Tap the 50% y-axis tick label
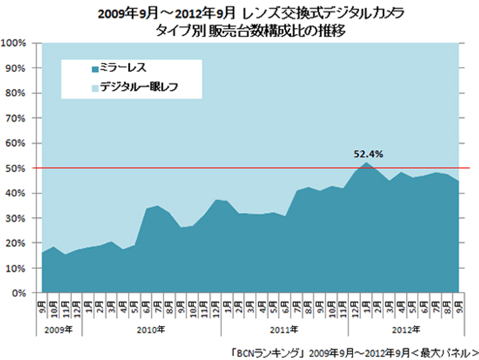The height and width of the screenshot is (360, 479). tap(15, 168)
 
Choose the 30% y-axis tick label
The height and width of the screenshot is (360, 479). tap(15, 219)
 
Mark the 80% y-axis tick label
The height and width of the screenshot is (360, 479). tap(15, 93)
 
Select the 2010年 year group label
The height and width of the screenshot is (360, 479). tap(152, 329)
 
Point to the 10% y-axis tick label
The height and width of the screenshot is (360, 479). tap(15, 268)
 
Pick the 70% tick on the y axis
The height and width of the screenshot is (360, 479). tap(15, 119)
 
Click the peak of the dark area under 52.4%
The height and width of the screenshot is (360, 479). tap(366, 163)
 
